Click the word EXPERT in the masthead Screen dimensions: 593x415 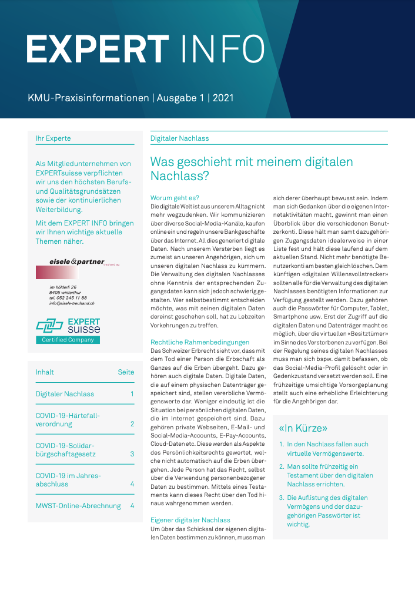98,48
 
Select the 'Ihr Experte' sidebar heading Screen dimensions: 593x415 53,138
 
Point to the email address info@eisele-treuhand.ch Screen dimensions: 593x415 72,303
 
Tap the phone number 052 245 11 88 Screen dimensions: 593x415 75,298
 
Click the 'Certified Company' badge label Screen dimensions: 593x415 68,340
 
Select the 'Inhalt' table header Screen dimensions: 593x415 45,372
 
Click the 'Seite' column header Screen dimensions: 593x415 126,372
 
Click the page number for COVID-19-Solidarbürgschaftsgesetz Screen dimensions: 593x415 132,454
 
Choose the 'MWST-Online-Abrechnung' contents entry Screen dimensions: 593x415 78,506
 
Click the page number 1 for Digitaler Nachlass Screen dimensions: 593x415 132,394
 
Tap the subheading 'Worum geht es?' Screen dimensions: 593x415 175,198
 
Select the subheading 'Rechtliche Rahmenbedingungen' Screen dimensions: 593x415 200,342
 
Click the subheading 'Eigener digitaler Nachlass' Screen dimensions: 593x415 190,520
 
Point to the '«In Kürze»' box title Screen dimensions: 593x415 303,428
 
